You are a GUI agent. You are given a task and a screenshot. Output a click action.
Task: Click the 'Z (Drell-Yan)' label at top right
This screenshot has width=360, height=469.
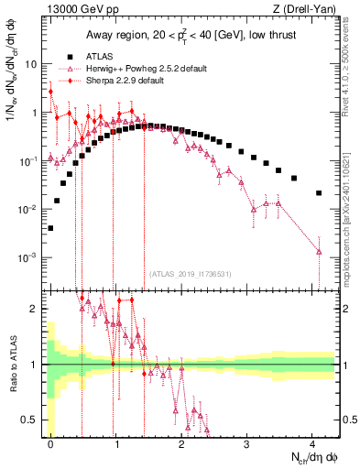pos(301,10)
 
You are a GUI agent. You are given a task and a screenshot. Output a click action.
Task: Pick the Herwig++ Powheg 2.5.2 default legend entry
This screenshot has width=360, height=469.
pos(137,67)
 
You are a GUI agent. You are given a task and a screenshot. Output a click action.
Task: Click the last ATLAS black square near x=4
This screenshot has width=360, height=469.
pos(319,193)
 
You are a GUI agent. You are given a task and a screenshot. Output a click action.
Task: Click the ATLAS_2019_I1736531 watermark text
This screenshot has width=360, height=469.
pos(191,274)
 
